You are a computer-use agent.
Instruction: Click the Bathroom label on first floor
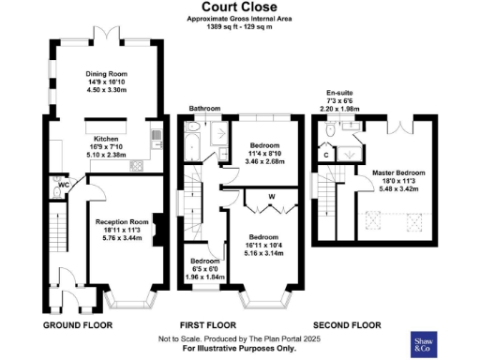pyautogui.click(x=202, y=108)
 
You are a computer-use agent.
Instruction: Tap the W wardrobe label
pyautogui.click(x=271, y=197)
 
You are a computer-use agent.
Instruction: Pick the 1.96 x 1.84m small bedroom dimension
pyautogui.click(x=204, y=277)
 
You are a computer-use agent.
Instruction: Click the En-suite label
pyautogui.click(x=338, y=94)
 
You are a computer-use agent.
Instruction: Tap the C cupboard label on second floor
pyautogui.click(x=326, y=155)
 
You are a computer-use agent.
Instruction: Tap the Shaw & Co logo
pyautogui.click(x=427, y=344)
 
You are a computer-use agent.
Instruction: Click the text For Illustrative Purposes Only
pyautogui.click(x=239, y=348)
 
